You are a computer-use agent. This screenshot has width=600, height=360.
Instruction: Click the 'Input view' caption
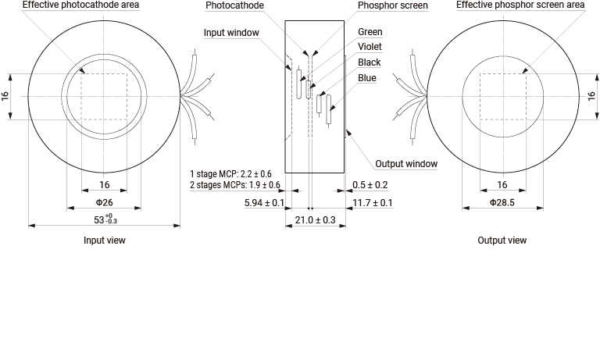(x=105, y=241)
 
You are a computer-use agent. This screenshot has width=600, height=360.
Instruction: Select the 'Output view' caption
(x=502, y=241)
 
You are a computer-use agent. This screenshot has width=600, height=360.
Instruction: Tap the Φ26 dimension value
(x=105, y=202)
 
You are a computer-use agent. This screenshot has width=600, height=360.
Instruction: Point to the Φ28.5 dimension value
(x=502, y=202)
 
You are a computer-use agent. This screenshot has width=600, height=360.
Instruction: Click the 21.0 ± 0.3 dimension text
(x=316, y=220)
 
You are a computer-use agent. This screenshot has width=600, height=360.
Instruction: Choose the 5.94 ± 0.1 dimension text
(x=264, y=203)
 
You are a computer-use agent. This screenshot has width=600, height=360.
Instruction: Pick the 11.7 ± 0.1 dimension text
(x=373, y=203)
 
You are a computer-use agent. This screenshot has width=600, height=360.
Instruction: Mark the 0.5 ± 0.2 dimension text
(x=370, y=185)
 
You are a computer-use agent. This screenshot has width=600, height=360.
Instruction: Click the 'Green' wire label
(x=370, y=32)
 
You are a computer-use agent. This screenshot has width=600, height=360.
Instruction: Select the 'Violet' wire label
(x=370, y=47)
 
